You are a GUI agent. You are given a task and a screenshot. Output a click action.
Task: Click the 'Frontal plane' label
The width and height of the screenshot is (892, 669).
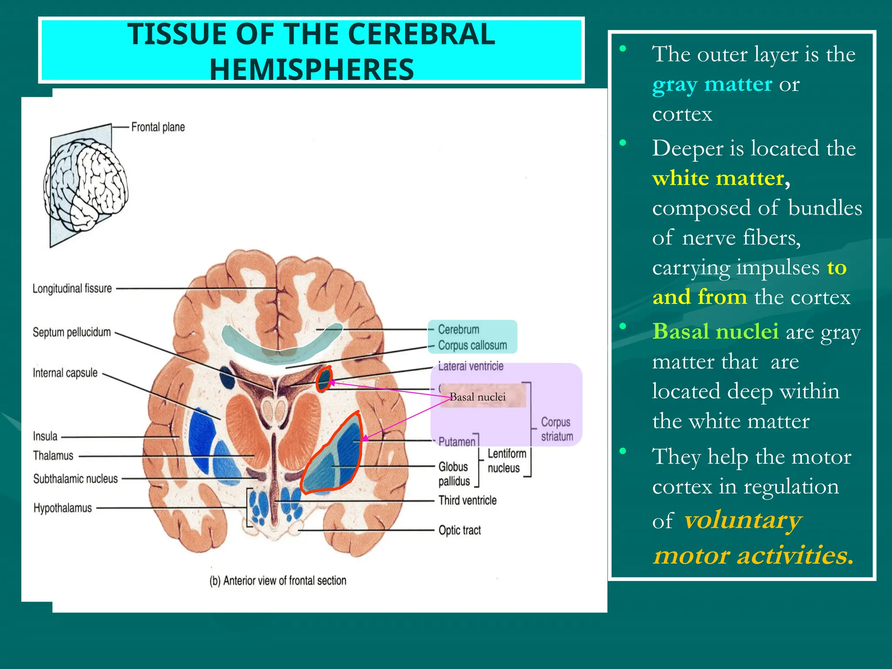pos(158,127)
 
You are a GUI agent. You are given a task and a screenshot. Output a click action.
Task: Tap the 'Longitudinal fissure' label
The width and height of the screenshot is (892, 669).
pos(72,288)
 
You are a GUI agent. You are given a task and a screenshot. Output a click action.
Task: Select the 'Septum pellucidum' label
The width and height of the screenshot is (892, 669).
pos(72,332)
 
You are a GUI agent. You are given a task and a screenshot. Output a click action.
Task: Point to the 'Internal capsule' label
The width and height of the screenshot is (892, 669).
pos(65,373)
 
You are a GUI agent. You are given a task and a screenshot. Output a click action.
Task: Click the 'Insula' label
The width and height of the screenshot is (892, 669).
pos(45,436)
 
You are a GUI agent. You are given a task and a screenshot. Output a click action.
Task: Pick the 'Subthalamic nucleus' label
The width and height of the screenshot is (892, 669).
pos(75,479)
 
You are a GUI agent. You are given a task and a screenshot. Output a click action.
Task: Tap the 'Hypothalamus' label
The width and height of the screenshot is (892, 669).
pos(63,508)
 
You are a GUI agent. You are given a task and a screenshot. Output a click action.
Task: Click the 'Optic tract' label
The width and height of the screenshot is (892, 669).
pos(460,530)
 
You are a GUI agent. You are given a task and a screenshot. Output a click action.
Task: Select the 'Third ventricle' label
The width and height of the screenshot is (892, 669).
pos(467,500)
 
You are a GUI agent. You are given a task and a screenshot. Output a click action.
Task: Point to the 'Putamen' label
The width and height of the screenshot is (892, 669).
pos(457,442)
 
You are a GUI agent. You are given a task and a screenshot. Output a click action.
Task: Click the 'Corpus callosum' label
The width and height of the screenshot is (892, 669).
pos(473,345)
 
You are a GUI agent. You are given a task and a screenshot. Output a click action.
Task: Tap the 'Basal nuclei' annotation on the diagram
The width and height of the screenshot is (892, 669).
pos(478,397)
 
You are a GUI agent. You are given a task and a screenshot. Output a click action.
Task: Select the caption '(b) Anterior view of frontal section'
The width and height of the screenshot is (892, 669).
pos(278,581)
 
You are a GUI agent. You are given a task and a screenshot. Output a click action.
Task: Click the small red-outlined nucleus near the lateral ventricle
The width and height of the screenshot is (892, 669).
pos(324,379)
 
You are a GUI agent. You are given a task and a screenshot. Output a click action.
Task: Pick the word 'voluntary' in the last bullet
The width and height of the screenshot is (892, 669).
pos(743,520)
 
